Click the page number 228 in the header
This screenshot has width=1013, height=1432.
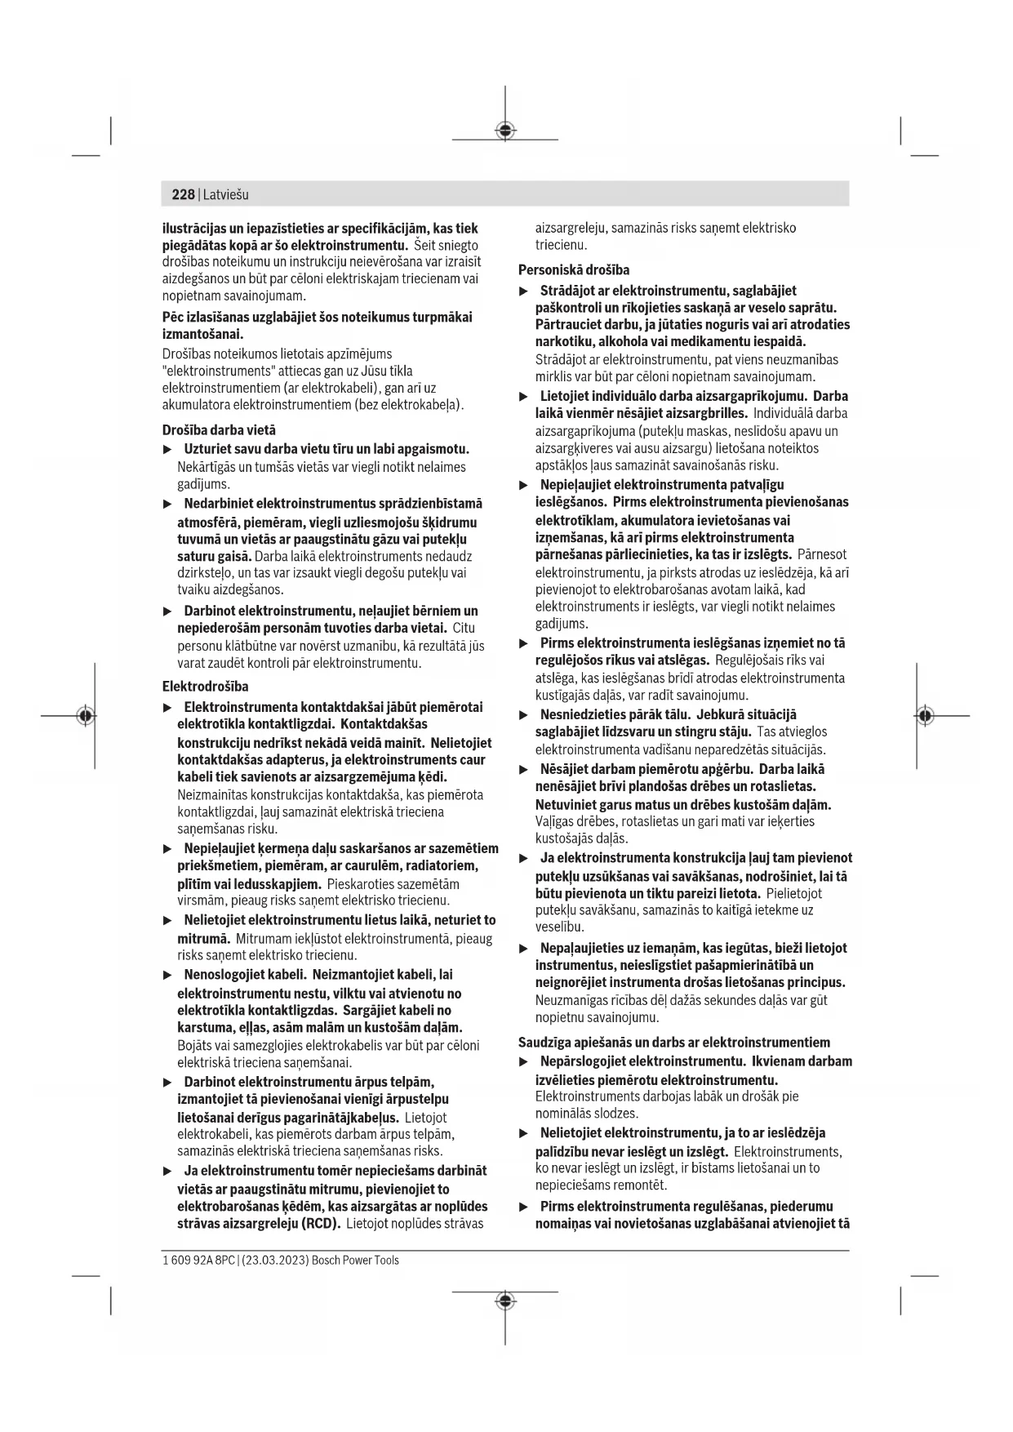[183, 194]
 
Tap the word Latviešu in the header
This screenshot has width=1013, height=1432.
[226, 194]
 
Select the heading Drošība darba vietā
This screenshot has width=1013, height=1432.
[219, 429]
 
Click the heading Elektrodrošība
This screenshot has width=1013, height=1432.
[206, 686]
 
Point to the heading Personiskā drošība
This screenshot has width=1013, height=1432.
[574, 269]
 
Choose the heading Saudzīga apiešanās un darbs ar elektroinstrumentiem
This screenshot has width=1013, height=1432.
[674, 1042]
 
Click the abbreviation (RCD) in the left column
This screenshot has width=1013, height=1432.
[321, 1224]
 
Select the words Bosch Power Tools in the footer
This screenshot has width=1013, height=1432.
[356, 1260]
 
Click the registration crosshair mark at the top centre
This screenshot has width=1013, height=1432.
[505, 130]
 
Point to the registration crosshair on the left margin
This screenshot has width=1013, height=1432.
[86, 716]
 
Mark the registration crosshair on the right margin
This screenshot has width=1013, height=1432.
[924, 716]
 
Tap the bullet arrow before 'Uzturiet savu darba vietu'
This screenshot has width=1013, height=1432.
[168, 449]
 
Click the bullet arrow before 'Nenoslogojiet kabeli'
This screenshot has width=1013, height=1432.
[168, 975]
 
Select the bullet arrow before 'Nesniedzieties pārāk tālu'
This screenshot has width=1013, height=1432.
[524, 715]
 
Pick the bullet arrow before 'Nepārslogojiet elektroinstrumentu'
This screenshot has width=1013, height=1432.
[524, 1062]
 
